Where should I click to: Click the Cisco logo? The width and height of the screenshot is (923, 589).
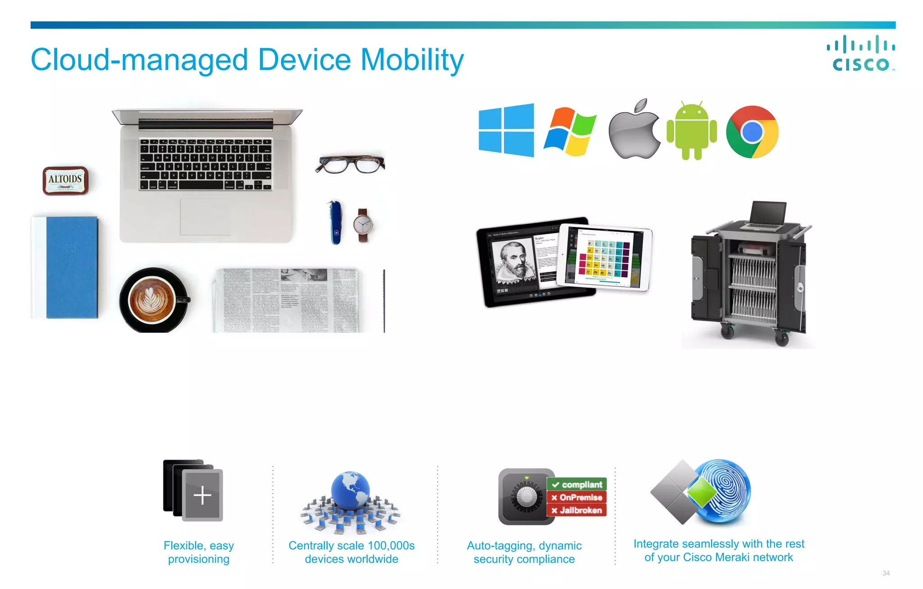[x=861, y=54]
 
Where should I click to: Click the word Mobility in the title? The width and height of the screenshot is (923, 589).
[x=412, y=60]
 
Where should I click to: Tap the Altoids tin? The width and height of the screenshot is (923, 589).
[x=65, y=180]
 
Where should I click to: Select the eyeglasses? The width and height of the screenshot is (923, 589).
[x=350, y=164]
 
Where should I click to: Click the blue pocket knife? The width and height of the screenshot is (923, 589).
[x=335, y=222]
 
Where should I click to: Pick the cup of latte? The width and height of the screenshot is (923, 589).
[x=152, y=300]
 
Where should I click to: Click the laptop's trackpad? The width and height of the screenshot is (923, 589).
[x=205, y=216]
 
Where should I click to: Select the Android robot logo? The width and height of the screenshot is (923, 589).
[x=691, y=131]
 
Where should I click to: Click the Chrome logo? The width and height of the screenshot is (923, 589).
[x=752, y=132]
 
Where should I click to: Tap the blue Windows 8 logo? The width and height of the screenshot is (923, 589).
[x=506, y=130]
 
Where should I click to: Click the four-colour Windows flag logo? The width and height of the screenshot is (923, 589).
[x=570, y=132]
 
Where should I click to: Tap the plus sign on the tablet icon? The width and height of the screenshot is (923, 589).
[x=202, y=495]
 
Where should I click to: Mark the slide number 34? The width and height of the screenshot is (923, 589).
[x=886, y=573]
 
